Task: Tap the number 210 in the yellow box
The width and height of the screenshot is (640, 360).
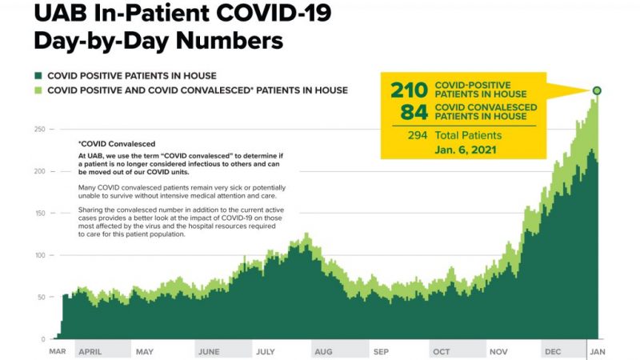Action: point(409,90)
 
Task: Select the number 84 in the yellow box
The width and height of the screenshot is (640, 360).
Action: point(414,111)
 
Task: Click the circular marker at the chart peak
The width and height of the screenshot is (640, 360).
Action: point(597,90)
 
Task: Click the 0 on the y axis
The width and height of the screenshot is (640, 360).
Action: point(44,338)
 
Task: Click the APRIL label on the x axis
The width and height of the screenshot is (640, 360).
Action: point(90,351)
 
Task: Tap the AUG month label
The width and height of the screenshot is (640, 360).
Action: point(324,351)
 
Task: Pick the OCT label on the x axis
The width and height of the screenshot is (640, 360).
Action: point(441,351)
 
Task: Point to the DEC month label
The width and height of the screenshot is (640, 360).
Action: point(553,351)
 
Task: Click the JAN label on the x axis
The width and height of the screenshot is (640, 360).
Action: point(598,351)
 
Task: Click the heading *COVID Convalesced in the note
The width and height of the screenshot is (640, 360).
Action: point(117,143)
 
